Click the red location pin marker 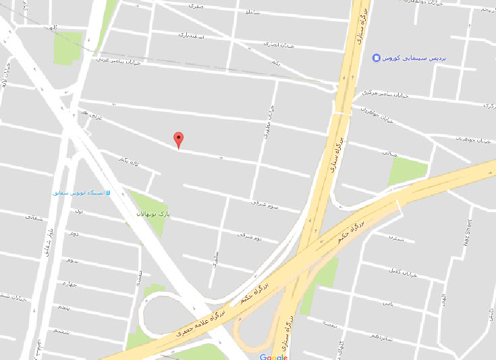[x=178, y=139]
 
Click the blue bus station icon [x=108, y=192]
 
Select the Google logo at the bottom [x=273, y=356]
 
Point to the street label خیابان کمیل [x=400, y=271]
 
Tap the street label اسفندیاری [x=191, y=34]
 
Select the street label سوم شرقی [x=265, y=203]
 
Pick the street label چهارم [x=67, y=284]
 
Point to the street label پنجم [x=64, y=307]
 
